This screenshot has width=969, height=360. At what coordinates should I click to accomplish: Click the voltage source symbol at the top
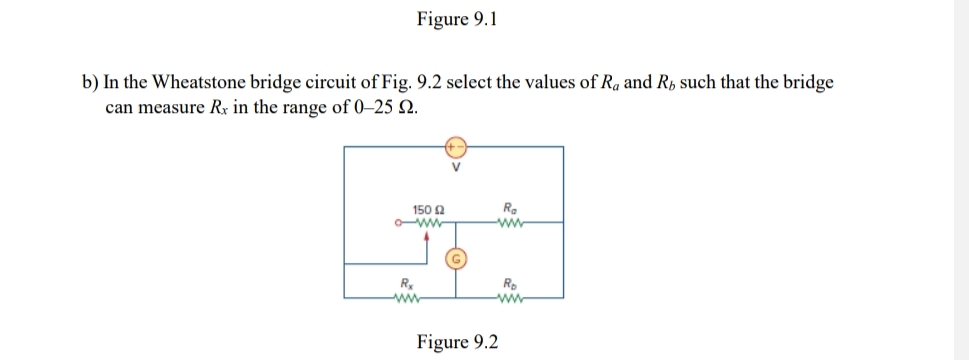pyautogui.click(x=454, y=146)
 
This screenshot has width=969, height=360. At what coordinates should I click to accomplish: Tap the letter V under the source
pyautogui.click(x=454, y=167)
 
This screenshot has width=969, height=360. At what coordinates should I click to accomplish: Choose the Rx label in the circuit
pyautogui.click(x=404, y=283)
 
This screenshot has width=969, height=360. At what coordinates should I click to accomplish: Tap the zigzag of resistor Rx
pyautogui.click(x=404, y=297)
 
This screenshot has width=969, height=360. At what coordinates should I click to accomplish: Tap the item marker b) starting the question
pyautogui.click(x=90, y=83)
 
